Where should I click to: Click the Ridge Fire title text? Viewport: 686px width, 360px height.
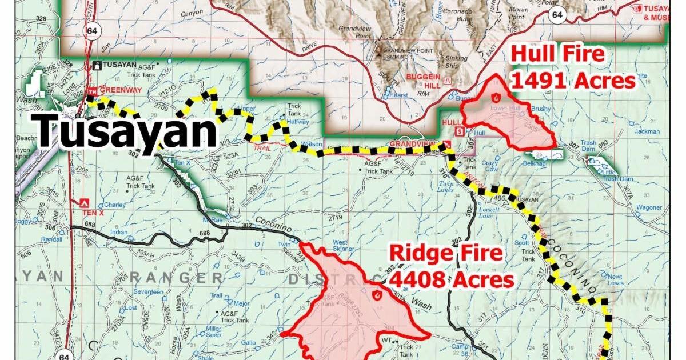445,253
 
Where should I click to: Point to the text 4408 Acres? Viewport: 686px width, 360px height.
451,280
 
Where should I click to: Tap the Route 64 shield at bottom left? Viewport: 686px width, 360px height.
63,355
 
